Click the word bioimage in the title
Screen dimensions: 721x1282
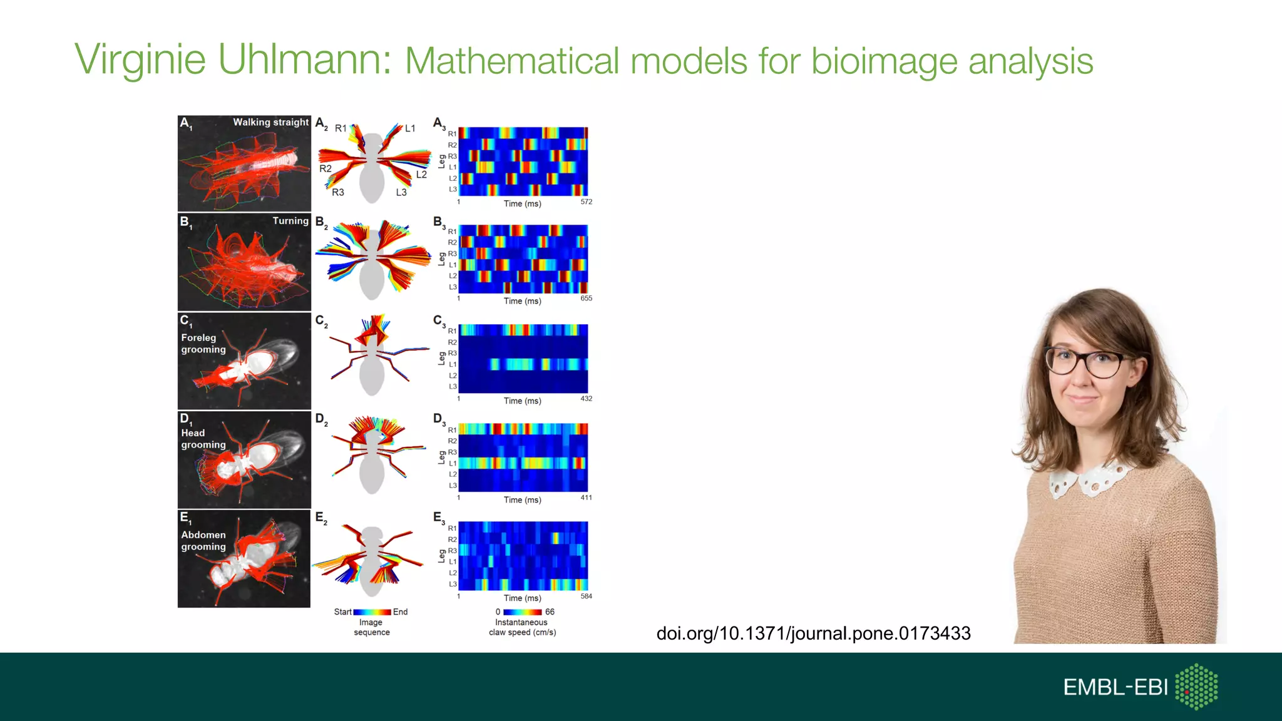[x=884, y=61]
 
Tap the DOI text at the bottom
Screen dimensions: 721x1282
[x=813, y=633]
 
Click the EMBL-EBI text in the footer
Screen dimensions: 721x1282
[x=1115, y=687]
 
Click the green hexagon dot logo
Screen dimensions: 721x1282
[x=1196, y=687]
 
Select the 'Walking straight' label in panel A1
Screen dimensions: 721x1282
[x=270, y=122]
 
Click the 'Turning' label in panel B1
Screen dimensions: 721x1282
[x=290, y=221]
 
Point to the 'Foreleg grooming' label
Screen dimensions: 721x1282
[x=203, y=344]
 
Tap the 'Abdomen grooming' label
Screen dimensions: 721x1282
[x=203, y=541]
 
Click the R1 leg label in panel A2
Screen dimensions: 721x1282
[x=341, y=128]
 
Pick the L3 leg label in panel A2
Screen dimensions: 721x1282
[x=401, y=192]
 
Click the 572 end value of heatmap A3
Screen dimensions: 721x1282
[x=586, y=202]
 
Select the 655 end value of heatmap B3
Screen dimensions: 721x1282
[x=586, y=299]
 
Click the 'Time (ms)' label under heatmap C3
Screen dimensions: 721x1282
[x=522, y=401]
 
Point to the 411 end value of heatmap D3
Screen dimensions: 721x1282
[x=586, y=498]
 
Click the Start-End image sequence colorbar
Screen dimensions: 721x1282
[x=372, y=612]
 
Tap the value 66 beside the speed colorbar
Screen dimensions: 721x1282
[x=550, y=612]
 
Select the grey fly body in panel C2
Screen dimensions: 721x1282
[x=372, y=369]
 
